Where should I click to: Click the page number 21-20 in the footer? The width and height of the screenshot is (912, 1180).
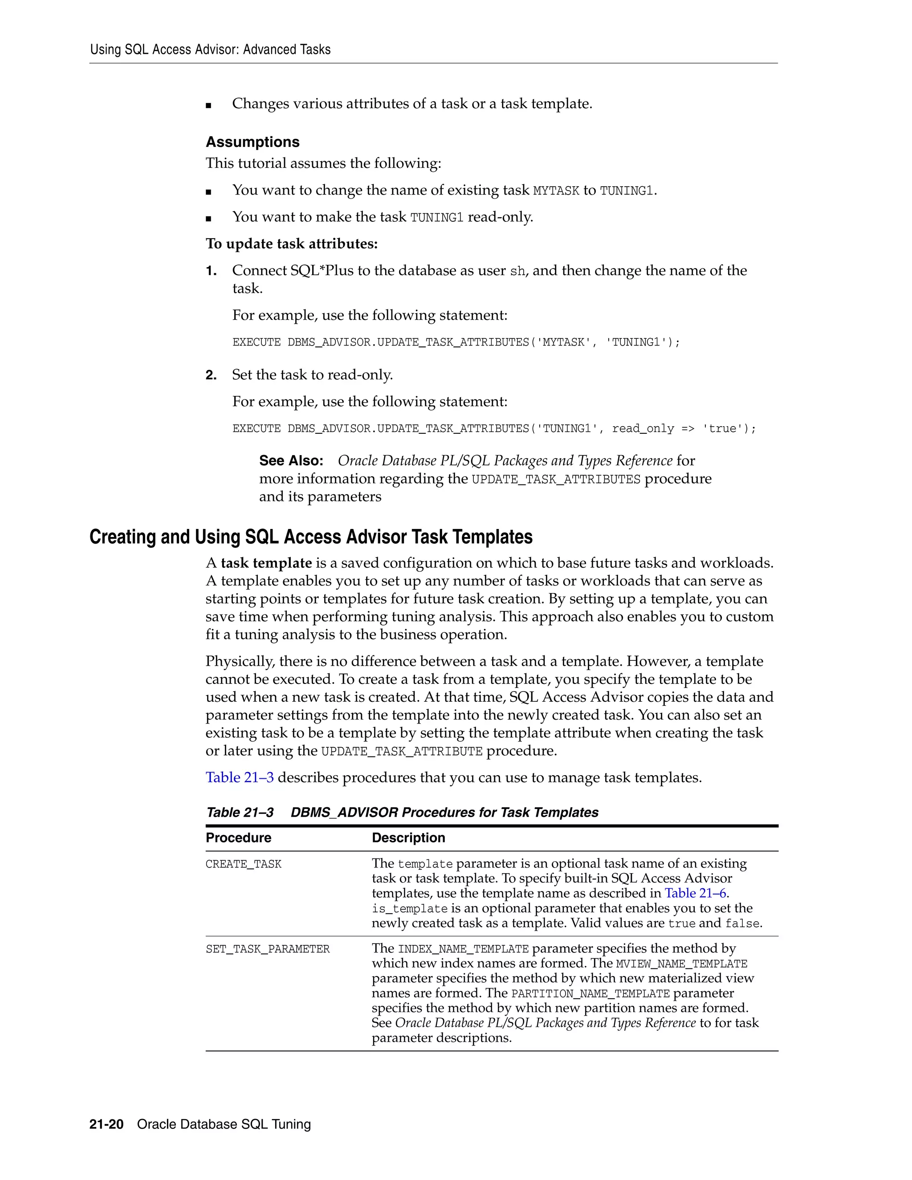(106, 1124)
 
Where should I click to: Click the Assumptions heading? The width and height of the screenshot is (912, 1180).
(252, 142)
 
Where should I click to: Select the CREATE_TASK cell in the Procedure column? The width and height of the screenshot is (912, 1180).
(243, 864)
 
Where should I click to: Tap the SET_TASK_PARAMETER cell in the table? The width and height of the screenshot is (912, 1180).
(268, 949)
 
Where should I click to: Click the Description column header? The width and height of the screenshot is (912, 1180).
(408, 838)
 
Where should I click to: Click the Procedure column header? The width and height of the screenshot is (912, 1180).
(238, 838)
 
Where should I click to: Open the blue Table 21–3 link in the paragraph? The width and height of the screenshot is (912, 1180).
(239, 777)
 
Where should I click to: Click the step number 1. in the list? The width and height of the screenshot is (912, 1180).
(211, 271)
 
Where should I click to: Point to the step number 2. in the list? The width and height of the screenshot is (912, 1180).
(211, 375)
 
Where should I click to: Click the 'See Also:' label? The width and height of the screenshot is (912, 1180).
(291, 460)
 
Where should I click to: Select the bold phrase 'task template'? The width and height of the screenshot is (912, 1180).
(266, 563)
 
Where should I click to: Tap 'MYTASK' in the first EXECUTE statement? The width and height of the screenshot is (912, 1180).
(563, 342)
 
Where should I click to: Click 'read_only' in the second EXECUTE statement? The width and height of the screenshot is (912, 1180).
(643, 429)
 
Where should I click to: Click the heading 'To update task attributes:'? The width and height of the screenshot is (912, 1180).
(291, 244)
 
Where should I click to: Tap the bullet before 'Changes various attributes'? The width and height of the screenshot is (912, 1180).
(208, 106)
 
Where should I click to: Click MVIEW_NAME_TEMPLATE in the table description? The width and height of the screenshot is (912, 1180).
(681, 964)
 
